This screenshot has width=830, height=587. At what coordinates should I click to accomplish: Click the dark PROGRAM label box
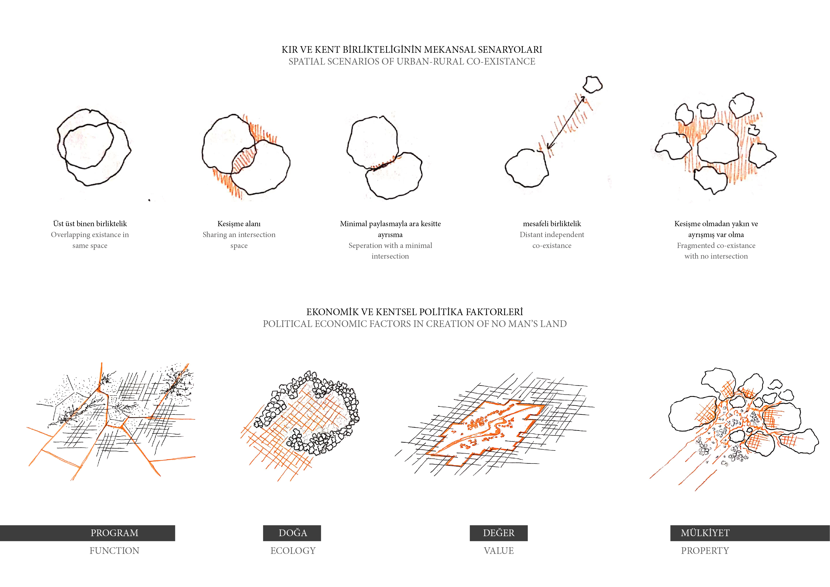click(88, 533)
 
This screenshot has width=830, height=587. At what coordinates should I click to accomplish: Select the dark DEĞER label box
click(499, 533)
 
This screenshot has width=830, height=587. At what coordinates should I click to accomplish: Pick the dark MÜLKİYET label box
click(750, 533)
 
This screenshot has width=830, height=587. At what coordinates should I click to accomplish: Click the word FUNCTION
click(114, 551)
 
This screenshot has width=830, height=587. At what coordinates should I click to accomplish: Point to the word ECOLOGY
click(293, 551)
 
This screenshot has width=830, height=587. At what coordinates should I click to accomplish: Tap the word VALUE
click(499, 551)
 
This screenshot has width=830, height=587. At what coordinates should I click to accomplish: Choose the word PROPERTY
click(705, 551)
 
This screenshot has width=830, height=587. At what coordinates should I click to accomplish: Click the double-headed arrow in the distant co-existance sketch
click(566, 122)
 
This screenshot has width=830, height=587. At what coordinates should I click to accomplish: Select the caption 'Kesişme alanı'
click(239, 224)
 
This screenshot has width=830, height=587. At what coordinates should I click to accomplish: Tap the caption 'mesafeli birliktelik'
click(552, 224)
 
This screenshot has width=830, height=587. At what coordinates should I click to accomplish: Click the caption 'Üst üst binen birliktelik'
click(90, 224)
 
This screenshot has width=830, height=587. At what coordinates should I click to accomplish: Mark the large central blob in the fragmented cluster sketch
click(718, 144)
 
